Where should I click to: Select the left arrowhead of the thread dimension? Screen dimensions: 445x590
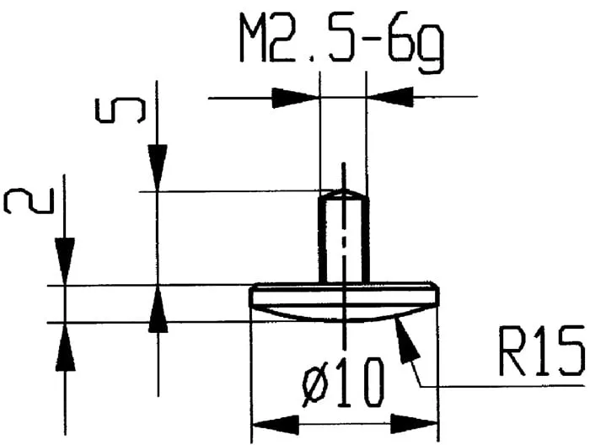[297, 98]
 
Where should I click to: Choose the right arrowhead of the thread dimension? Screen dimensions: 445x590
[389, 98]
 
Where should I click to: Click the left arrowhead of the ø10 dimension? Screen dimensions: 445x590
[275, 422]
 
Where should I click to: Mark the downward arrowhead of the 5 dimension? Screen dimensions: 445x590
[157, 169]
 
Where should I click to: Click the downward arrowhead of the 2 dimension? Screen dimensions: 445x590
[65, 262]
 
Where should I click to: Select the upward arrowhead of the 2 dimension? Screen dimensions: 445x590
[65, 346]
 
